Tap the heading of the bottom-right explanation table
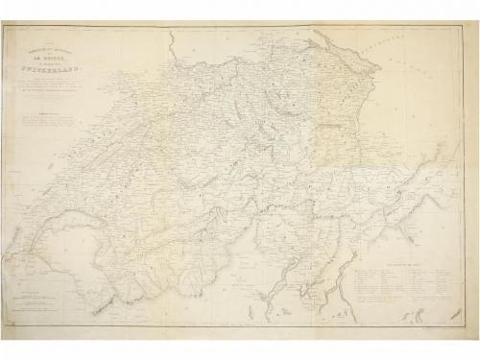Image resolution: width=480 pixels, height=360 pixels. pos(388,251)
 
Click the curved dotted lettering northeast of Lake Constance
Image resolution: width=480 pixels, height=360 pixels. pos(403,48)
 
